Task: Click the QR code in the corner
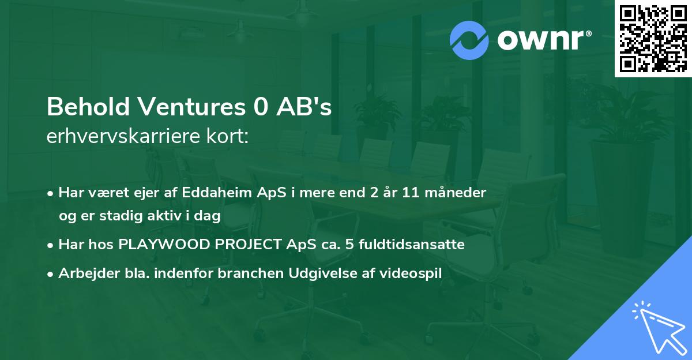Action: coord(653,39)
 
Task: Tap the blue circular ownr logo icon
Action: coord(469,40)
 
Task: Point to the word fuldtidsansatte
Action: coord(411,245)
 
